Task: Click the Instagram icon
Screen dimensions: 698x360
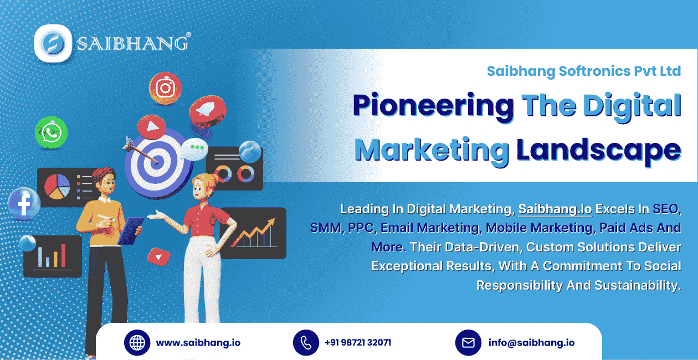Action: point(165,88)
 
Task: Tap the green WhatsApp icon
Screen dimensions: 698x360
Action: point(51,133)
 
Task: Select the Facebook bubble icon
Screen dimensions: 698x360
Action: point(24,204)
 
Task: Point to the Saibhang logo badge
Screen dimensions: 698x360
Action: point(53,43)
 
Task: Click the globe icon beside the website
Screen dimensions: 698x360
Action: point(137,343)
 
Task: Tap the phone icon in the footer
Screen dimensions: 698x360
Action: point(306,343)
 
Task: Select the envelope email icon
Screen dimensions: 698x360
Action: point(468,343)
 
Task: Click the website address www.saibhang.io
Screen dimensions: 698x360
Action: point(198,343)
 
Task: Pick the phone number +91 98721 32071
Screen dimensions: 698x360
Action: point(358,343)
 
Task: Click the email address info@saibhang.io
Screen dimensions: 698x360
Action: point(532,343)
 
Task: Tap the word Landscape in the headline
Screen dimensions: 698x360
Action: point(599,150)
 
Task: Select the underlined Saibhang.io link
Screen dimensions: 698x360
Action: point(555,209)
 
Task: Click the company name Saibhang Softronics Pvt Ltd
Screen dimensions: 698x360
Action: point(584,71)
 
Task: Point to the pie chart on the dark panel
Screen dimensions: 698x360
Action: point(57,187)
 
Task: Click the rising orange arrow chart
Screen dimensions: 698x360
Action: point(253,233)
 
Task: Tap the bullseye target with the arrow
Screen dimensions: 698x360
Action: point(157,163)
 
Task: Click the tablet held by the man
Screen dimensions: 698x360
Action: point(130,231)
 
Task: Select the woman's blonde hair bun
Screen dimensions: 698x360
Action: point(213,179)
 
